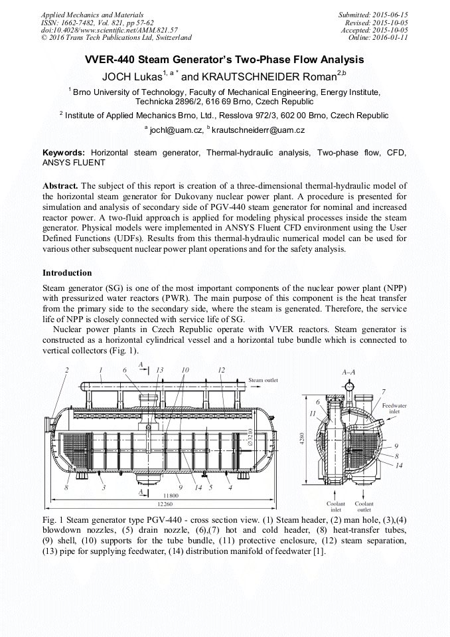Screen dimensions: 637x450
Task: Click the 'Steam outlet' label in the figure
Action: coord(264,381)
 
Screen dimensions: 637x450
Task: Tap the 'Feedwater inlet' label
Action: coord(394,407)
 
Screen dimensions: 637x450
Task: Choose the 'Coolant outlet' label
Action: coord(364,507)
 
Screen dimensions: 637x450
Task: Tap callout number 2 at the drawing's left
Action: coord(66,369)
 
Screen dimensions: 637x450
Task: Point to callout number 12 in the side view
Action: coord(221,370)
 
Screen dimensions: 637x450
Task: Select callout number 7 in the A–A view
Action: coord(383,391)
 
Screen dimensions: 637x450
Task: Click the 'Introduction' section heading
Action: coord(67,273)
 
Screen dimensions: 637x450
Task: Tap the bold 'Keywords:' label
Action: coord(64,152)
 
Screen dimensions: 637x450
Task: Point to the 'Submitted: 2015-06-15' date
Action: coord(373,15)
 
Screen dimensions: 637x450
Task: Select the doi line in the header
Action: coord(109,30)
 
